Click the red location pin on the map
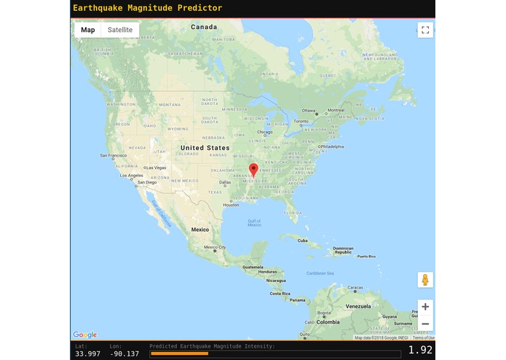(x=253, y=170)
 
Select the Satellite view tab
(x=120, y=30)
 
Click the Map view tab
(x=88, y=30)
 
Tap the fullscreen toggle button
(x=425, y=30)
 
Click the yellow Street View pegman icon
(x=425, y=280)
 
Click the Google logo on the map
(x=85, y=335)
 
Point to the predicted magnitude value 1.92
(x=421, y=350)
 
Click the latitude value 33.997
(x=85, y=353)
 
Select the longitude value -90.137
(x=124, y=353)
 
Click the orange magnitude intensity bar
(x=179, y=353)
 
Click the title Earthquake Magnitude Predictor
(x=148, y=8)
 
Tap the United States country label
(x=205, y=148)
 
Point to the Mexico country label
(x=199, y=230)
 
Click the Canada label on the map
(x=204, y=27)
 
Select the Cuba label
(x=302, y=240)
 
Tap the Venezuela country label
(x=358, y=306)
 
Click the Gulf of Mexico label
(x=254, y=222)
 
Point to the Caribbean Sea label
(x=320, y=273)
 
